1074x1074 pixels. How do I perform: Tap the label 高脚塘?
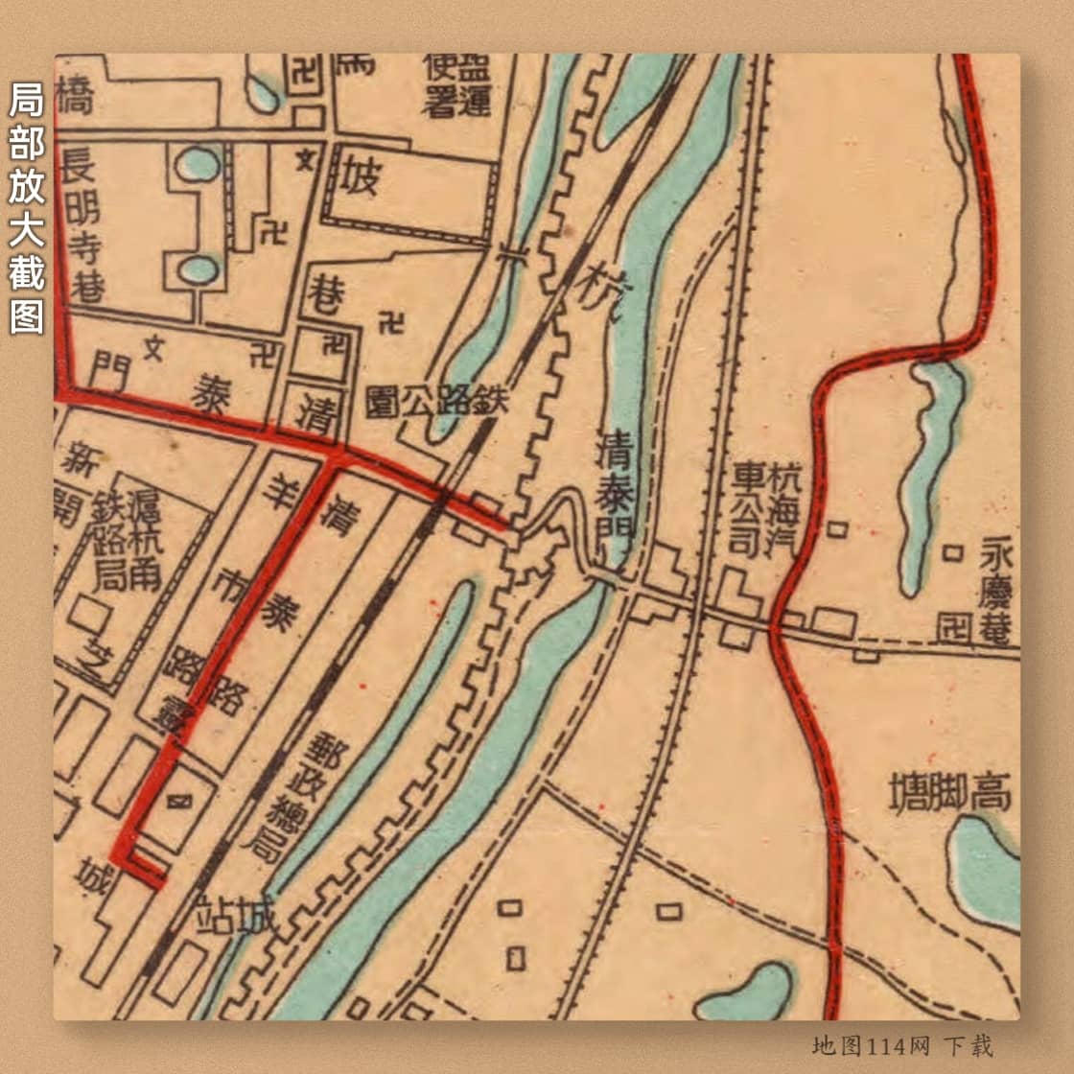950,794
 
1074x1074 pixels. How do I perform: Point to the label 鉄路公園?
436,402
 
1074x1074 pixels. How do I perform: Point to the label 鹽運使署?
456,84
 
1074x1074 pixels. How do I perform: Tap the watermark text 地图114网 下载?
902,1045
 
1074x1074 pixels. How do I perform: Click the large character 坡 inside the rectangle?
362,178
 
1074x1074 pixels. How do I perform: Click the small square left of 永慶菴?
952,552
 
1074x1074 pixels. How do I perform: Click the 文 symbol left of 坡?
306,159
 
